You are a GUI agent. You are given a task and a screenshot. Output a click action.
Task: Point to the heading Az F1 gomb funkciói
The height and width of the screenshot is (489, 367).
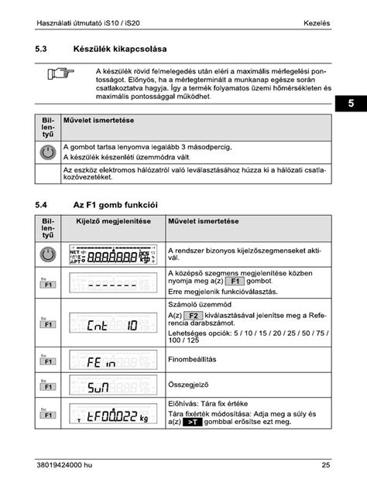click(115, 205)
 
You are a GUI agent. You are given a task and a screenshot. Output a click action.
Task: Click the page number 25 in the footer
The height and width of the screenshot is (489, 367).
click(326, 465)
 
